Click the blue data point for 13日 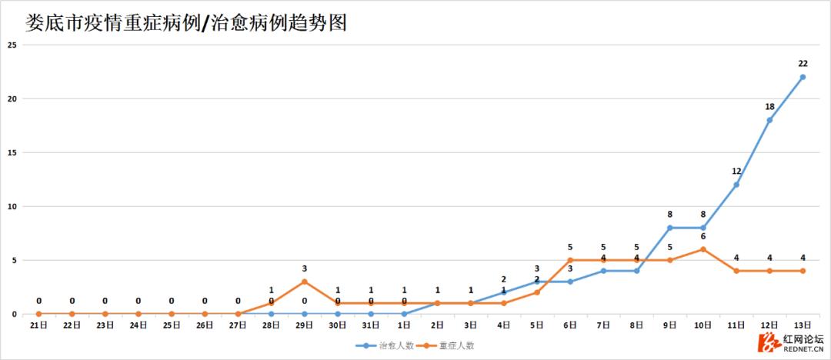803,77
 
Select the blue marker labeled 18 769,120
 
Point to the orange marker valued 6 703,249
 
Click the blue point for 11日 736,185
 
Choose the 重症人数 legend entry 448,346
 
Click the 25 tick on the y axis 12,45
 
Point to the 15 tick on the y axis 12,152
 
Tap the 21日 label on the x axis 39,325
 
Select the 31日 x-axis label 371,325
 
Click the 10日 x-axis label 703,325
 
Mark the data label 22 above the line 803,64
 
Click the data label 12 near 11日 736,172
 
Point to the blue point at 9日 670,228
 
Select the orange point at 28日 272,303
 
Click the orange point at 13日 803,271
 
